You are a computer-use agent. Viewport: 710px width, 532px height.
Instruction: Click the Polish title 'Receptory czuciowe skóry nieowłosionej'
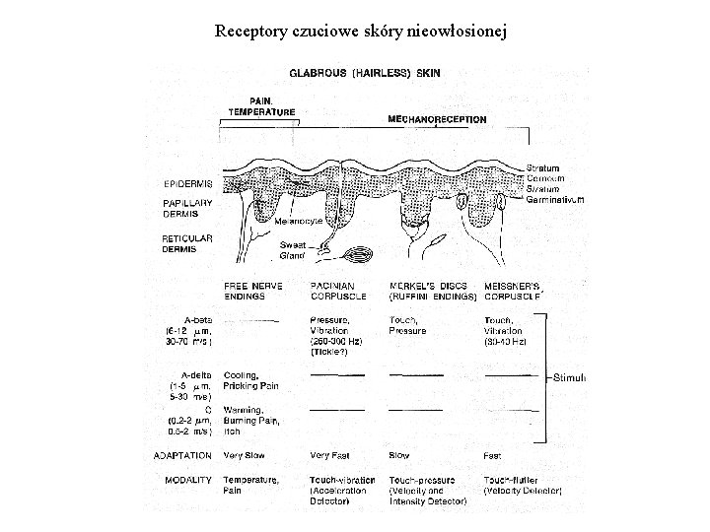[x=361, y=31]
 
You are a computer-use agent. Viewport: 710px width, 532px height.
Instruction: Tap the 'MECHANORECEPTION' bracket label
[x=437, y=119]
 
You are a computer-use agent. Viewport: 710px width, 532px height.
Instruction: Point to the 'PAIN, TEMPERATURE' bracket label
[x=261, y=106]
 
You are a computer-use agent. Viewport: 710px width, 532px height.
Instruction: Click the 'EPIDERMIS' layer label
[x=188, y=183]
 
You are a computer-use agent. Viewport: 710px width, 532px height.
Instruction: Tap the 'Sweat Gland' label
[x=292, y=250]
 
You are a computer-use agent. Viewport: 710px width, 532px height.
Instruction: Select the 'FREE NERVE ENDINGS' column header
[x=253, y=291]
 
